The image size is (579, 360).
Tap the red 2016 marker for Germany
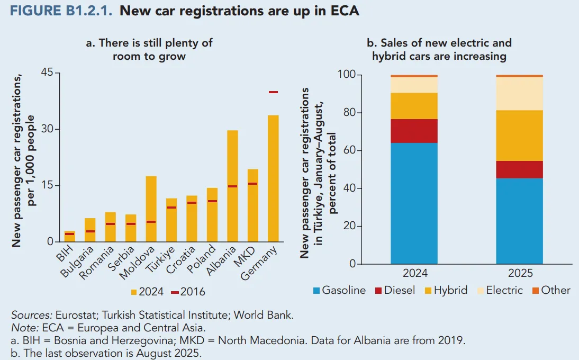pos(273,92)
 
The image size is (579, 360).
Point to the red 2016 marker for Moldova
pos(151,222)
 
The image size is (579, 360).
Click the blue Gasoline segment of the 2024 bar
pos(414,203)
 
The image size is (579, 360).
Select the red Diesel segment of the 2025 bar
pos(519,169)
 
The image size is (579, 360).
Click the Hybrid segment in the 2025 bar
pos(519,136)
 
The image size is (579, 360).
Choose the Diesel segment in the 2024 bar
pos(414,131)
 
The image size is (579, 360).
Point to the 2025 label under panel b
pos(519,274)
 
